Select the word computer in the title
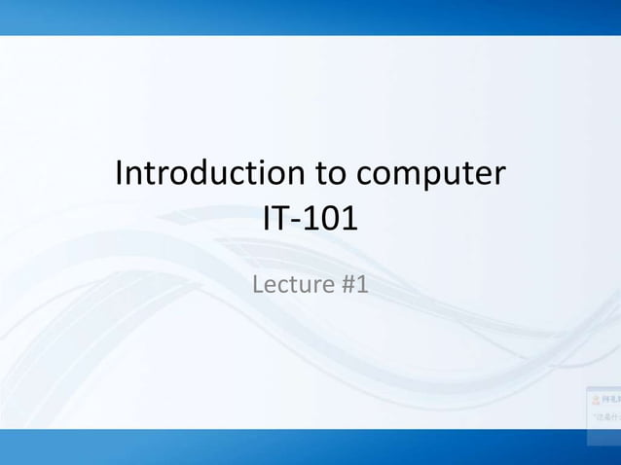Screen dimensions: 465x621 [x=430, y=176]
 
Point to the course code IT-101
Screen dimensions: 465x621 [x=310, y=219]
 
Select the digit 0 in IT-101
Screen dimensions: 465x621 [x=328, y=219]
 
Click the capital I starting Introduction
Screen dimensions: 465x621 [x=120, y=174]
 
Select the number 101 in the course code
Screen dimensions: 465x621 [x=328, y=219]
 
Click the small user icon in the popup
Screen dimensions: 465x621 [x=595, y=399]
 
